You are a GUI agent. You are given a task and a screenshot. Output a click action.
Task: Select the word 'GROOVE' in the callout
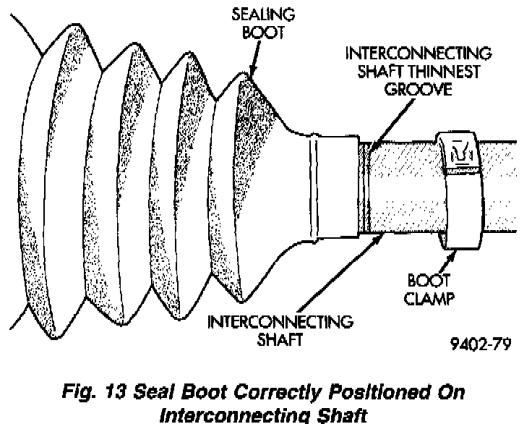[418, 90]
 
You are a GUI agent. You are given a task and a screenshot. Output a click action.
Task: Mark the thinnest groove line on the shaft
[368, 188]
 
